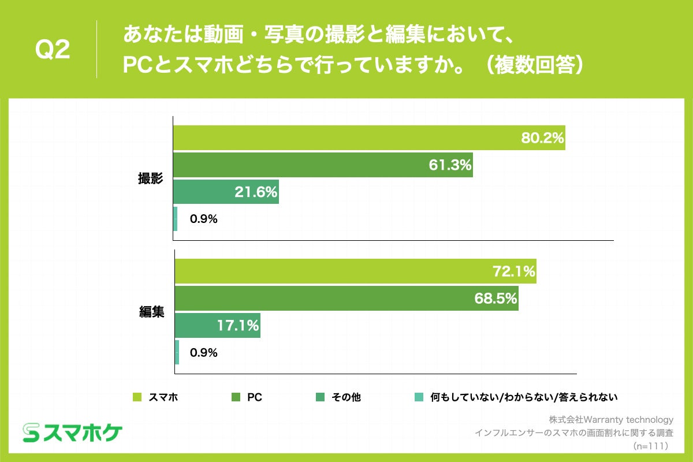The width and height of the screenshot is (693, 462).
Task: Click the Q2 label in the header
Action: (x=53, y=51)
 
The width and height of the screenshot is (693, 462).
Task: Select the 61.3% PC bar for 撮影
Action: (x=323, y=165)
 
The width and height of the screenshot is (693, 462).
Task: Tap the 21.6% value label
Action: (x=256, y=192)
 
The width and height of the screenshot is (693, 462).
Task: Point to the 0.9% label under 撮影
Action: (x=203, y=219)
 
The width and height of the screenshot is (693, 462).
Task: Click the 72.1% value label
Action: (x=513, y=271)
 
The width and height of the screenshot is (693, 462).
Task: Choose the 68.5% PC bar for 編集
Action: (x=346, y=299)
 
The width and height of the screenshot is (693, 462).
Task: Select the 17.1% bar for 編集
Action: (x=217, y=326)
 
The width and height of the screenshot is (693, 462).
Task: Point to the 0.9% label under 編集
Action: (x=203, y=352)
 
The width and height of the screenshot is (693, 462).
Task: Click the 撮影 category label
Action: (x=151, y=178)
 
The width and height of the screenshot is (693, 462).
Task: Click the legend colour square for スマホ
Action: (x=137, y=397)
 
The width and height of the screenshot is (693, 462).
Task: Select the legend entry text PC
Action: (x=255, y=397)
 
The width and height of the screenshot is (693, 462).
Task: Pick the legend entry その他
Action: (x=346, y=397)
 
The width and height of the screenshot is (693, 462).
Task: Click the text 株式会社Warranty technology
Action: (x=611, y=420)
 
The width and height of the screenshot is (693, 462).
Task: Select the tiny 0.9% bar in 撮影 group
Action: (x=176, y=219)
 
